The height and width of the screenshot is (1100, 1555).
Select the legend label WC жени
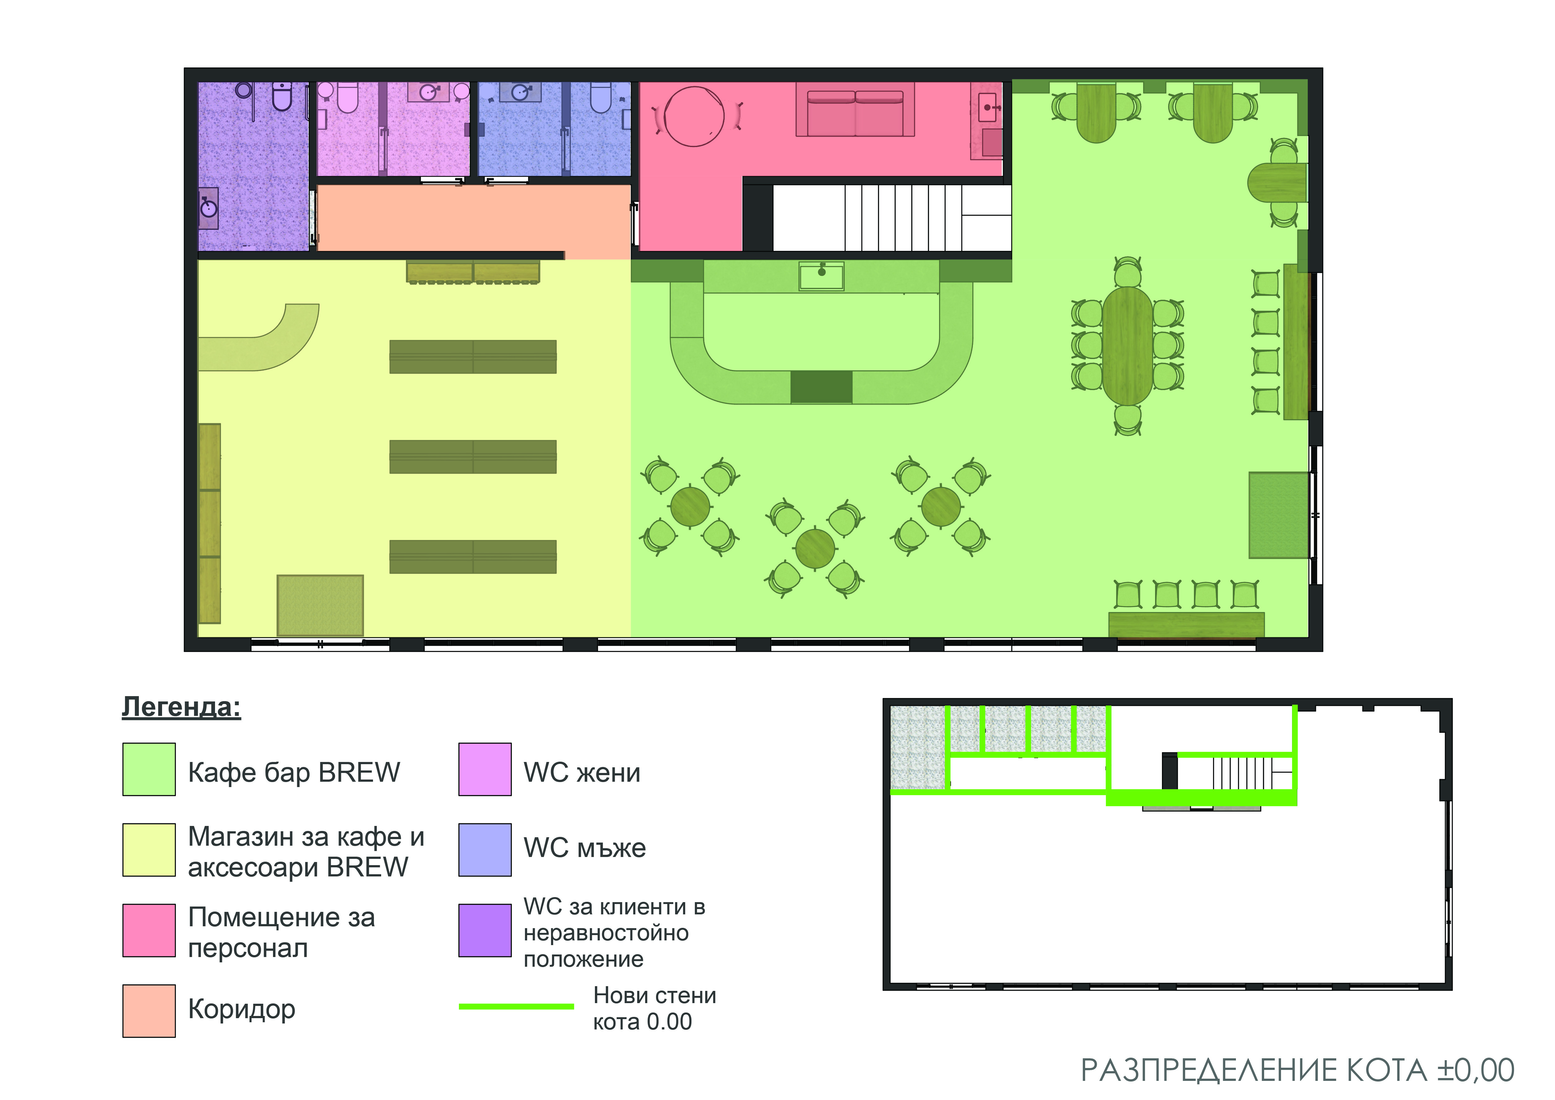click(582, 772)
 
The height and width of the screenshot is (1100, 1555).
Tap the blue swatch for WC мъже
click(485, 849)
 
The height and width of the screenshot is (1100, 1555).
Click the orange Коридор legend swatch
click(149, 1011)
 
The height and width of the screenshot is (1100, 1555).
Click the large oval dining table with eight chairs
click(1128, 346)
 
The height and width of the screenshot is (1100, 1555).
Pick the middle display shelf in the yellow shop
click(473, 457)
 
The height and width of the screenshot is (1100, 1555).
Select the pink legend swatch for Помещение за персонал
click(149, 930)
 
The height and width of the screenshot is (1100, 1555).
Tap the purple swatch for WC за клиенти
click(485, 930)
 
